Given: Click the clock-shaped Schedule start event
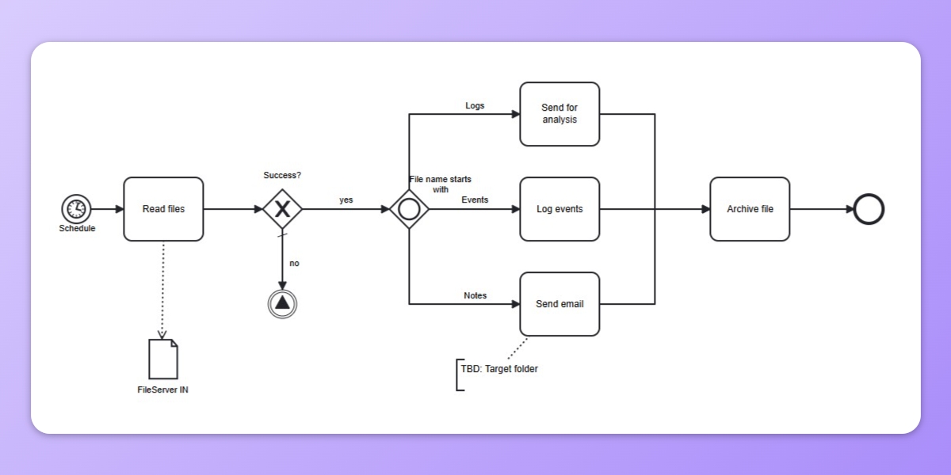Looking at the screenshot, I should click(x=76, y=209).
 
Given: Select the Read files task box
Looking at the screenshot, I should click(x=163, y=209).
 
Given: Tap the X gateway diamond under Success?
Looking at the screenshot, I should click(x=282, y=209).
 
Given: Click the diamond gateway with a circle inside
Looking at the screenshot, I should click(x=409, y=209).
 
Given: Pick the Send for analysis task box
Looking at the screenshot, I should click(x=560, y=114).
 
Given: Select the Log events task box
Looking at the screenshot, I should click(x=560, y=209).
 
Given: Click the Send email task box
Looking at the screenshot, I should click(x=560, y=304).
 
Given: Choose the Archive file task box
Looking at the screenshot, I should click(x=750, y=209).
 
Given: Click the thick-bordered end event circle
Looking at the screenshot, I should click(x=869, y=209).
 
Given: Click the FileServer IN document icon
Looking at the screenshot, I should click(x=163, y=359).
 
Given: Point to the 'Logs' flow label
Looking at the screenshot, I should click(x=475, y=105).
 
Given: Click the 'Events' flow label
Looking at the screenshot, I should click(x=475, y=199).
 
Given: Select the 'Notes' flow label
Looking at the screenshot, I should click(x=475, y=295).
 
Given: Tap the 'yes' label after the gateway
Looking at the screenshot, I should click(x=346, y=199).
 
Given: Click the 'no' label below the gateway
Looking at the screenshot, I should click(x=294, y=263).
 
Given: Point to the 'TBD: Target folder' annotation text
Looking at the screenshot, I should click(x=500, y=369).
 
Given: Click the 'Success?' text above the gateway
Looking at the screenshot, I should click(x=282, y=175).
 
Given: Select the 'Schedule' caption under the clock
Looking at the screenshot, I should click(x=77, y=228).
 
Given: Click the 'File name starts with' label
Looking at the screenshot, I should click(x=441, y=184).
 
